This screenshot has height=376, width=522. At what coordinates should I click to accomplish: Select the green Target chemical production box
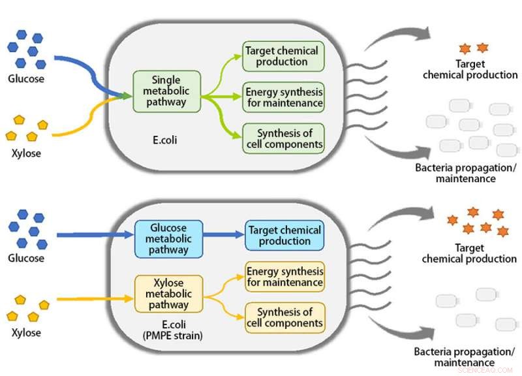click(x=283, y=56)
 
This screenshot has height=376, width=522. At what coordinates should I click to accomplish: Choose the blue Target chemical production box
click(x=284, y=236)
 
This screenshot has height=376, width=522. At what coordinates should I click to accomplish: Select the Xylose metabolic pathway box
click(x=168, y=293)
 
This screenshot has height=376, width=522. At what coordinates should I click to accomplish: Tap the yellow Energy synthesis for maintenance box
click(x=284, y=277)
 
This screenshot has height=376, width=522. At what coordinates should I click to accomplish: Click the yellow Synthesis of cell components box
click(x=284, y=317)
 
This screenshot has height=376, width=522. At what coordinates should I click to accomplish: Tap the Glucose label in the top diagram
click(x=26, y=79)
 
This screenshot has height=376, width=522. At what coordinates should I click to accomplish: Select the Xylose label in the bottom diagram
click(x=26, y=332)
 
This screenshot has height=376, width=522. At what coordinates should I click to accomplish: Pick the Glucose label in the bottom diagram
click(x=26, y=258)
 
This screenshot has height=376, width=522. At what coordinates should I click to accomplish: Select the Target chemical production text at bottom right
click(x=469, y=253)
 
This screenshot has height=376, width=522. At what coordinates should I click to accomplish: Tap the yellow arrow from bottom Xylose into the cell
click(x=95, y=300)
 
